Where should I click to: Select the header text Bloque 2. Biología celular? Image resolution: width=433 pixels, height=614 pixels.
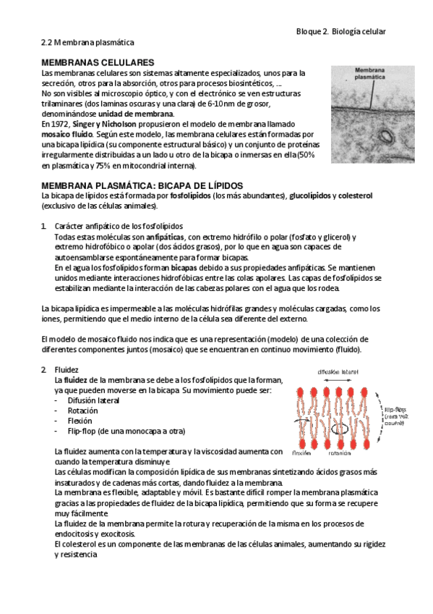(341, 32)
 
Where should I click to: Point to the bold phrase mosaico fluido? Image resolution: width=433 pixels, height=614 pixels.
(67, 135)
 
